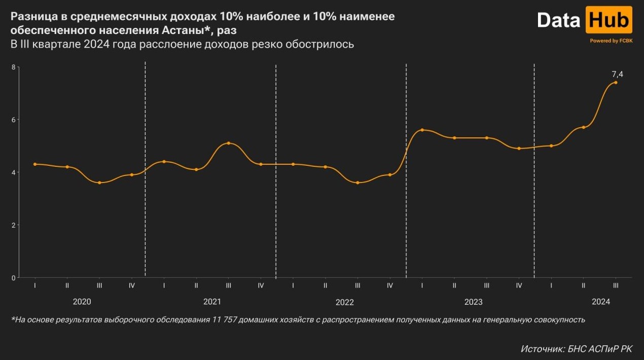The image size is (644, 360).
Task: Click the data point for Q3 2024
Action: [x=616, y=82]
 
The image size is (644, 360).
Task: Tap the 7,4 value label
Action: [x=617, y=75]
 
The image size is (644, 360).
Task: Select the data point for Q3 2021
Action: [x=229, y=143]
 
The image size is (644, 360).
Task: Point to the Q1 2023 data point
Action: [x=422, y=130]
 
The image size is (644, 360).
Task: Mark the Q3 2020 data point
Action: [x=99, y=183]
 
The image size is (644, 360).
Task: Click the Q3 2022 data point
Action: [x=357, y=183]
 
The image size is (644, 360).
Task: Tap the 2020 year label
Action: [x=82, y=302]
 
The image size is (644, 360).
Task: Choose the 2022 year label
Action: [x=345, y=302]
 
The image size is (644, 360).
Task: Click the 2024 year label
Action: [x=601, y=302]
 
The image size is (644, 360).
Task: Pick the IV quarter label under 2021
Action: [x=261, y=286]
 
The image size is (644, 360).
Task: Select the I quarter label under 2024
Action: [x=551, y=286]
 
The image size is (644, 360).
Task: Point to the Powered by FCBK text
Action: [x=611, y=41]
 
